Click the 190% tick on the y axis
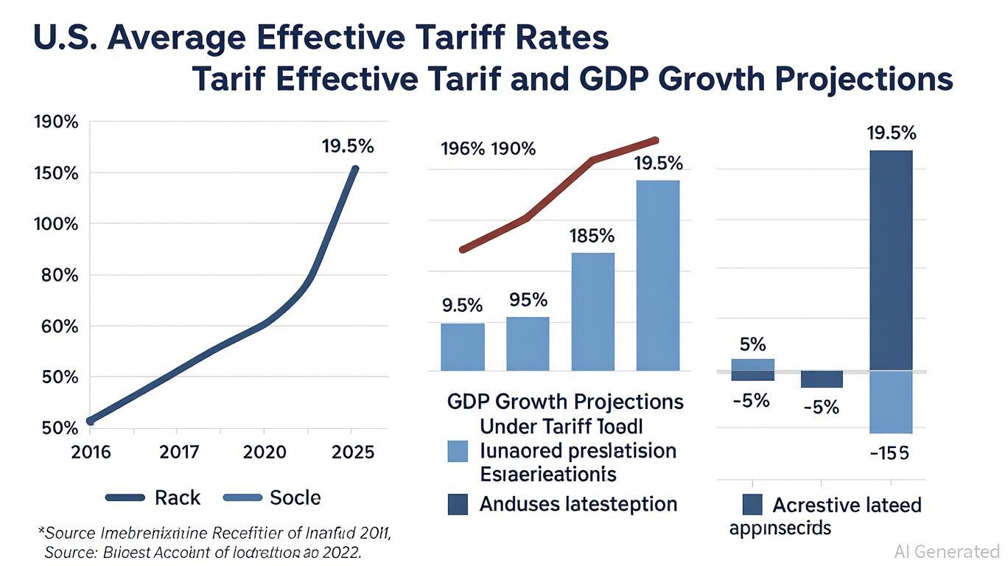pos(56,122)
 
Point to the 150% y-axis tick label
pos(56,173)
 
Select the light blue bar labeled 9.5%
pos(463,346)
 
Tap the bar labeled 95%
pos(528,343)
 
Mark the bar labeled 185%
pos(593,311)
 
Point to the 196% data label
pos(462,150)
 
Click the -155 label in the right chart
pos(889,453)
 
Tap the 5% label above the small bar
pos(752,344)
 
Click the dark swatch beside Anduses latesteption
pos(458,504)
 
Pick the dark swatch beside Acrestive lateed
pos(752,505)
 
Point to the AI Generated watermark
pos(946,551)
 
